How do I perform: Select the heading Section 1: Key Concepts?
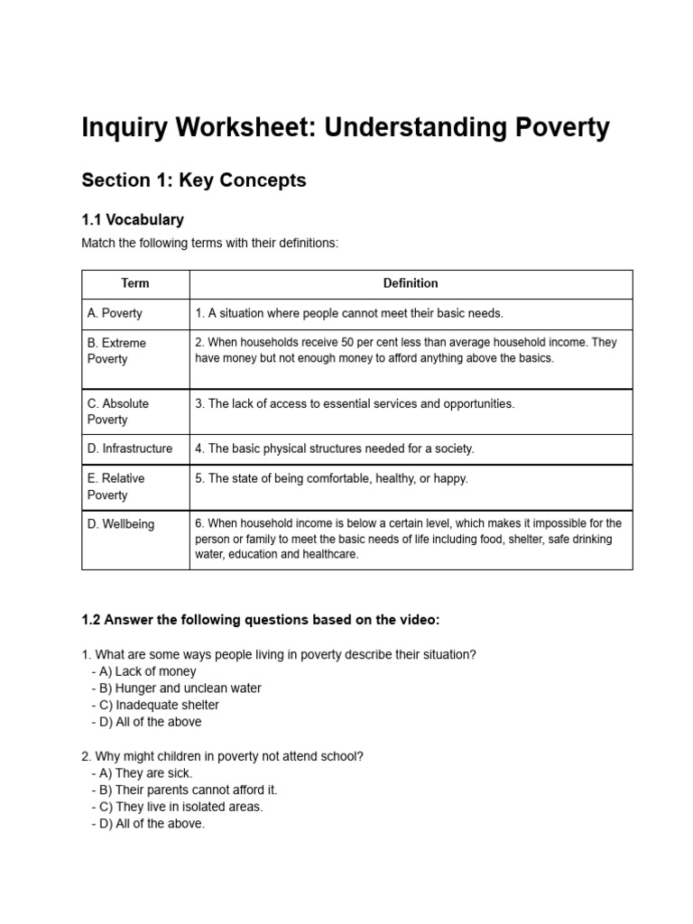pyautogui.click(x=194, y=180)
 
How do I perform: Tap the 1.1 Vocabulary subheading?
pyautogui.click(x=133, y=219)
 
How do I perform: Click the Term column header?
pyautogui.click(x=135, y=283)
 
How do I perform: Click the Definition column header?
pyautogui.click(x=411, y=283)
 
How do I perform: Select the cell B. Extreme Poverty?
pyautogui.click(x=116, y=351)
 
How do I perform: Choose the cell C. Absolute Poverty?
pyautogui.click(x=118, y=411)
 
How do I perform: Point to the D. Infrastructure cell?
pyautogui.click(x=130, y=448)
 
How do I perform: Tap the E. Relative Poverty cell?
pyautogui.click(x=115, y=486)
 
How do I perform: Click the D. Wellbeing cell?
pyautogui.click(x=121, y=524)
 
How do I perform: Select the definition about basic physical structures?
pyautogui.click(x=334, y=448)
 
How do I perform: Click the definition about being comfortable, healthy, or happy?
pyautogui.click(x=331, y=479)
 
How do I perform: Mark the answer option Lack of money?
pyautogui.click(x=148, y=671)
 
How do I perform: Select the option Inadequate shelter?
pyautogui.click(x=160, y=705)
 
